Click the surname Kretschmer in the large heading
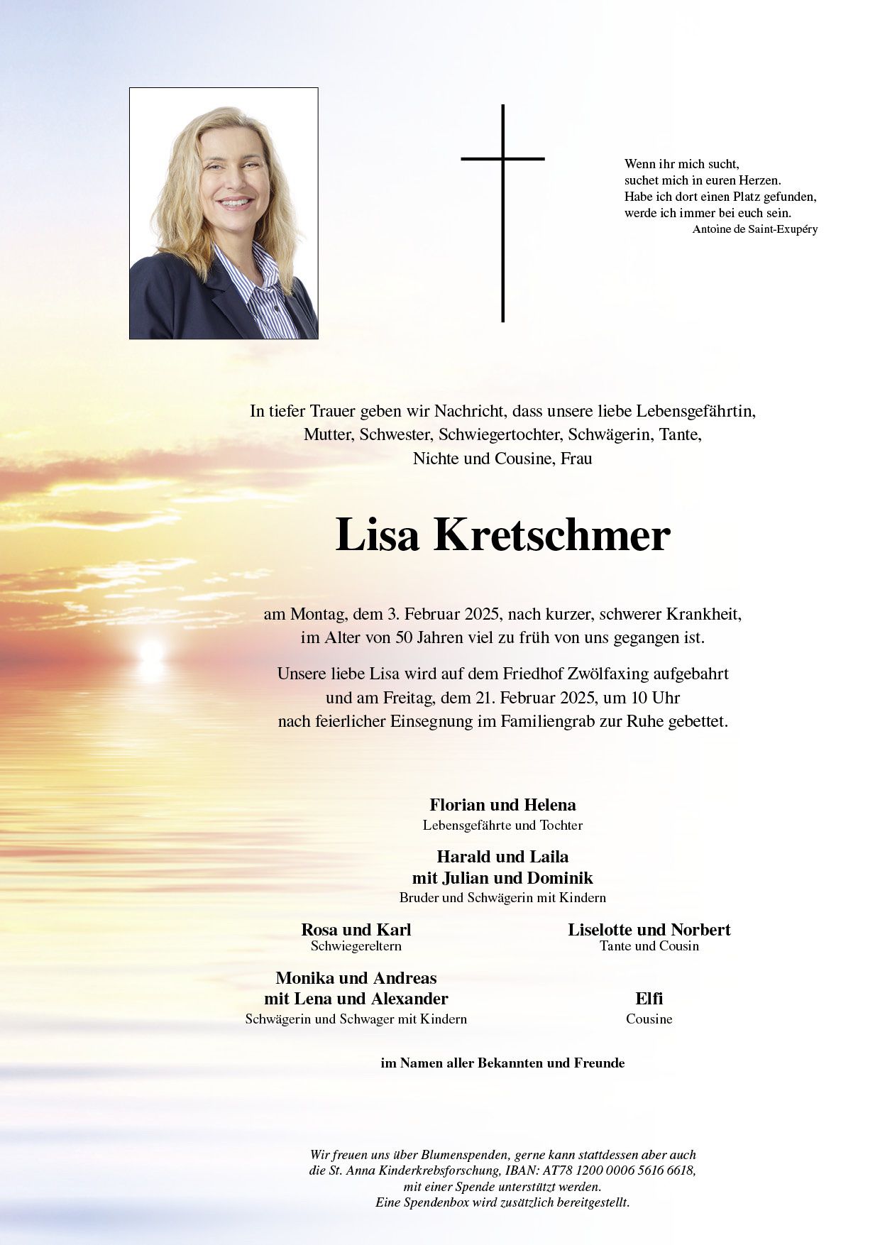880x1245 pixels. coord(551,535)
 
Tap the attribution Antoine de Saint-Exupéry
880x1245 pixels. coord(754,229)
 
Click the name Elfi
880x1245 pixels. coord(649,999)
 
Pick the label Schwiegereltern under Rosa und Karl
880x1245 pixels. coord(356,946)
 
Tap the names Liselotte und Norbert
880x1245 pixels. coord(649,930)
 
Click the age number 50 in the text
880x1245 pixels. coord(404,637)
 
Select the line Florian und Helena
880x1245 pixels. coord(502,805)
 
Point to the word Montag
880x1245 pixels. coord(317,614)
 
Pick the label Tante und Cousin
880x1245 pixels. coord(649,946)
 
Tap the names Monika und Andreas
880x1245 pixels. coord(356,978)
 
